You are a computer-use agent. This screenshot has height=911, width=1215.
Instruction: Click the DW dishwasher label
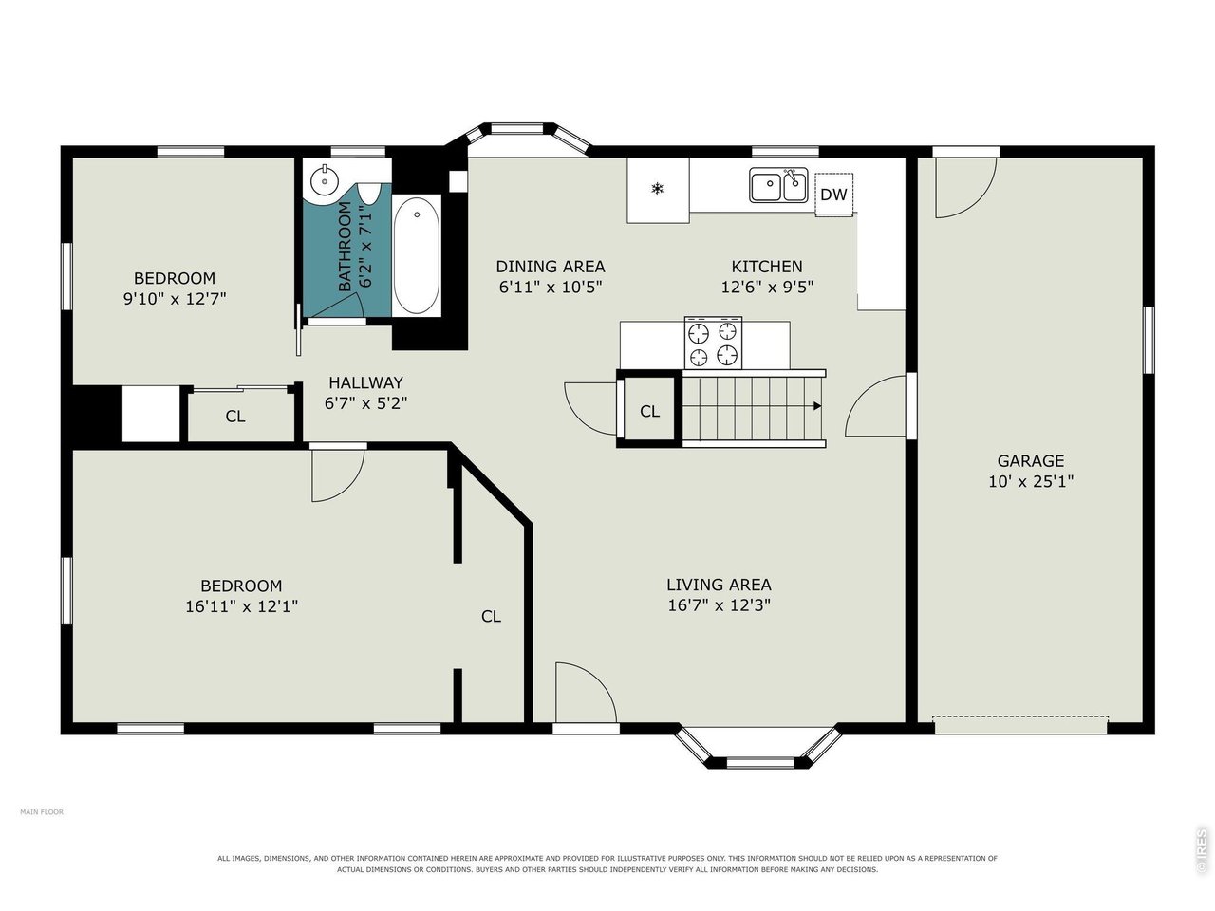click(833, 195)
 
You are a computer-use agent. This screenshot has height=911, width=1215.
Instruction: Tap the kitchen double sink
click(778, 185)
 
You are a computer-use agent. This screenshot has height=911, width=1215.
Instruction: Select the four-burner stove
click(713, 343)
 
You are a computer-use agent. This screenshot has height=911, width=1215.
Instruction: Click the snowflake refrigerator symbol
click(657, 189)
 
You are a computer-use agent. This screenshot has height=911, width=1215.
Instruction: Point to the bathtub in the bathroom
click(417, 255)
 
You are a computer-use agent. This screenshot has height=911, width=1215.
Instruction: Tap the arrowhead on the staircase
click(817, 406)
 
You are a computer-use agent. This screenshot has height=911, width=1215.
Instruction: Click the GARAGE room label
click(1030, 461)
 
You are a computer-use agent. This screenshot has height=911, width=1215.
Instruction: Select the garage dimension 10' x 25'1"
click(1031, 481)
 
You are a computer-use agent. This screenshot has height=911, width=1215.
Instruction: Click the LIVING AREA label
click(719, 585)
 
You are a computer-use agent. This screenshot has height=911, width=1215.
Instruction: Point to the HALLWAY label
click(365, 382)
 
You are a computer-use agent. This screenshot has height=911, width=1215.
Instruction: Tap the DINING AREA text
click(551, 267)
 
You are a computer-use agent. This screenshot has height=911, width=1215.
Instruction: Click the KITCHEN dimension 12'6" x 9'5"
click(767, 288)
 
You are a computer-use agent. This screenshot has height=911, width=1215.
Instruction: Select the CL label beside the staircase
click(649, 411)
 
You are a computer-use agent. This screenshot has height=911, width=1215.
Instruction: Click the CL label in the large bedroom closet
click(491, 616)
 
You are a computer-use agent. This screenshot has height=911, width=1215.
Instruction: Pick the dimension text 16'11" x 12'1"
click(241, 606)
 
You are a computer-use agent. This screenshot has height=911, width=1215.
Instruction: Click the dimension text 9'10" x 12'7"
click(175, 299)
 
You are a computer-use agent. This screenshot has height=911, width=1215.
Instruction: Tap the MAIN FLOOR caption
click(42, 812)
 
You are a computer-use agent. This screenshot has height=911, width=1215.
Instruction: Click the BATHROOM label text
click(345, 246)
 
